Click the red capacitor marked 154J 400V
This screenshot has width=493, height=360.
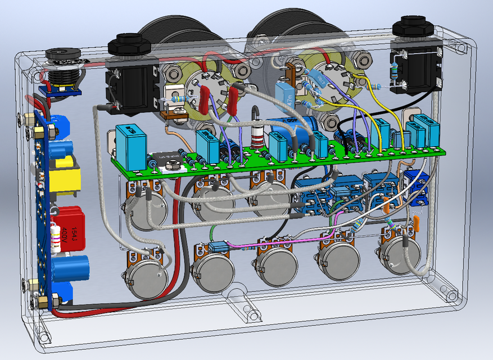72,229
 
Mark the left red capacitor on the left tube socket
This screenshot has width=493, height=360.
203,100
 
